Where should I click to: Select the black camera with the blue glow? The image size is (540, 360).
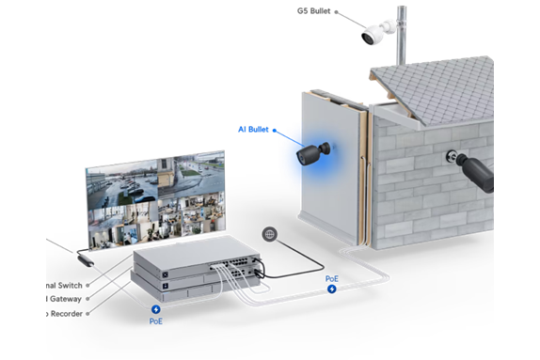point(313,152)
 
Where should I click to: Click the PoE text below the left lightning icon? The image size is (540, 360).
point(156,321)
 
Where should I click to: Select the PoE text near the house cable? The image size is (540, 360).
point(331,279)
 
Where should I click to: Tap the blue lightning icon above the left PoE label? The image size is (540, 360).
point(156,309)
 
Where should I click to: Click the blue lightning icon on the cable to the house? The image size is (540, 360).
point(331,289)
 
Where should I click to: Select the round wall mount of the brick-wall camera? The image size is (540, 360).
point(454,156)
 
